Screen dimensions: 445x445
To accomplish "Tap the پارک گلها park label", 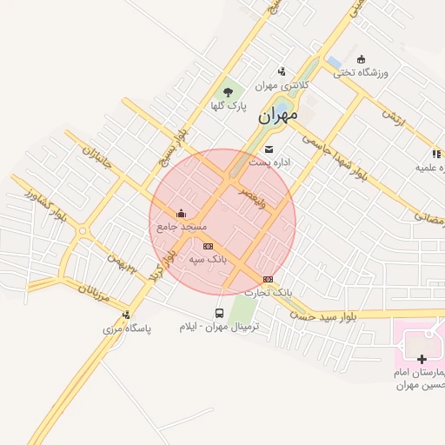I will [229, 106].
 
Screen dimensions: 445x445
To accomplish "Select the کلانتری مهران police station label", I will [278, 86].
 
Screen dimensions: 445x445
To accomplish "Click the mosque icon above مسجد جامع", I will [181, 213].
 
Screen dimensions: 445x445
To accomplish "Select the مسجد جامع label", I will [180, 226].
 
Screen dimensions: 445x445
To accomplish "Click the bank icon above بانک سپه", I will [208, 246].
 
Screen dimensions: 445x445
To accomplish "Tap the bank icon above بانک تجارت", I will [268, 279].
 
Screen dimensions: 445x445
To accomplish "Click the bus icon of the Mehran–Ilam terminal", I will [219, 313].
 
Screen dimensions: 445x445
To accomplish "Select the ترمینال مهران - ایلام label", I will [220, 327].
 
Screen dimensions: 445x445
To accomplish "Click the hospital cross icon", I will [422, 359].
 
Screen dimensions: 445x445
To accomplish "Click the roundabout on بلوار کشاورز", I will [83, 231].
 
